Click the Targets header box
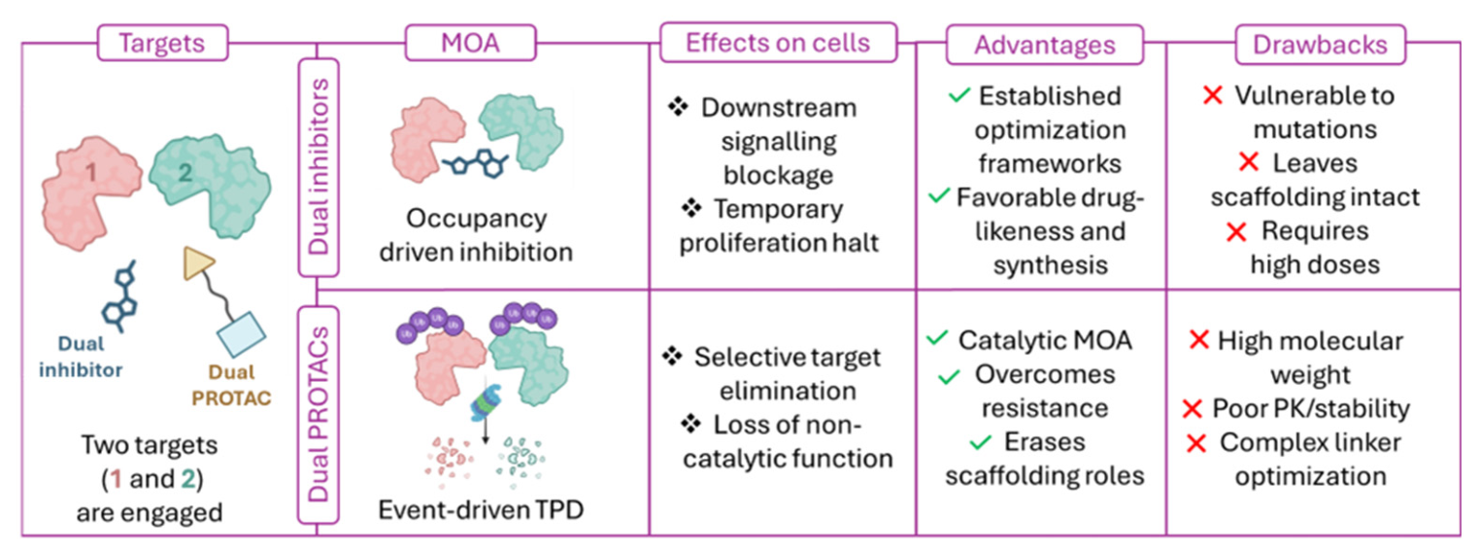click(162, 43)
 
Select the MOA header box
click(470, 43)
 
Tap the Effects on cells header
click(779, 42)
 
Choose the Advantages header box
click(1045, 45)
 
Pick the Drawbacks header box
click(1321, 45)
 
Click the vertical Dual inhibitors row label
click(319, 167)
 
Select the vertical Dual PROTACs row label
click(319, 415)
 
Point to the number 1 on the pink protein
click(91, 172)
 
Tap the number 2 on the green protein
click(185, 172)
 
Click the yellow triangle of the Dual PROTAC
click(196, 262)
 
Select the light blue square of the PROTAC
click(242, 334)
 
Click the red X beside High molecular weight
click(1199, 340)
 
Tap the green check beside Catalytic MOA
click(937, 338)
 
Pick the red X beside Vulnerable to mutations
click(1213, 95)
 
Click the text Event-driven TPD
click(481, 509)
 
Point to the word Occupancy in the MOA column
click(477, 219)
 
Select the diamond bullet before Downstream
click(678, 106)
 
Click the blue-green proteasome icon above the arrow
click(485, 403)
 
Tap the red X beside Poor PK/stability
click(1192, 409)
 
